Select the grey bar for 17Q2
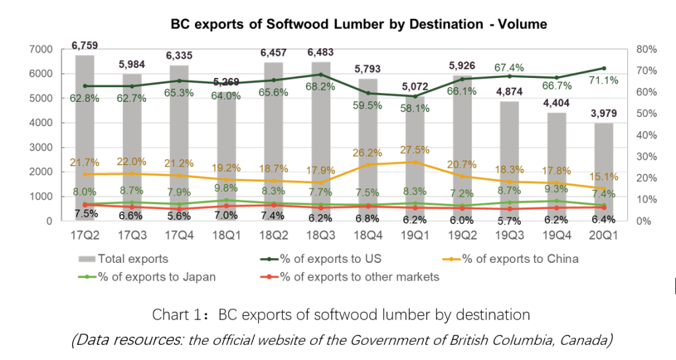click(85, 132)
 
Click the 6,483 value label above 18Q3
click(321, 51)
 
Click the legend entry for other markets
click(360, 277)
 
